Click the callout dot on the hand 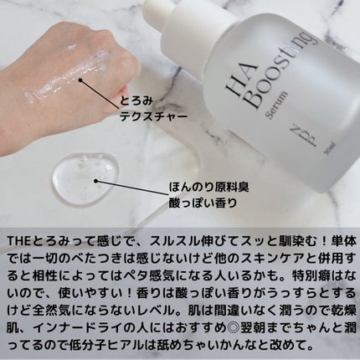click(x=81, y=80)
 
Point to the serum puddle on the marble click(x=77, y=177)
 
